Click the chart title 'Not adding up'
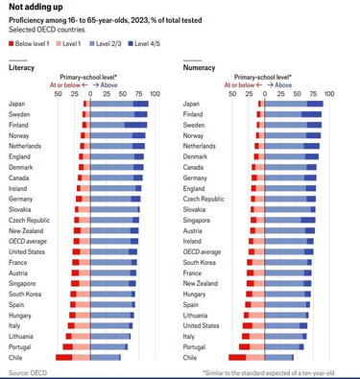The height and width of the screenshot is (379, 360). click(36, 8)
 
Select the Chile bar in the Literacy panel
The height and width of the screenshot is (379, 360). click(91, 357)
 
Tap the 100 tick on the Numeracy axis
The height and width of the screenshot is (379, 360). click(329, 93)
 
